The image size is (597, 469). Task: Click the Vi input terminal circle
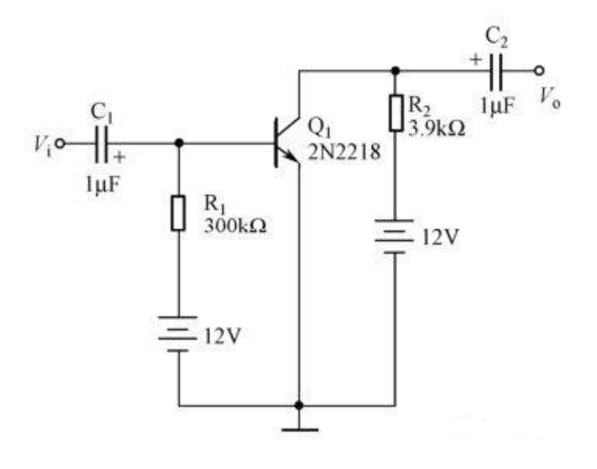[x=60, y=144]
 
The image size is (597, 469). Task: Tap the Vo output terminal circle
[x=539, y=71]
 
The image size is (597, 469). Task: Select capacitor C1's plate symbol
[x=102, y=144]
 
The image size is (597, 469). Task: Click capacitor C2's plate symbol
[x=495, y=71]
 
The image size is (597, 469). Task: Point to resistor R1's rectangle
[x=178, y=213]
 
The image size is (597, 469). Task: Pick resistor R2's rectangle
[x=396, y=113]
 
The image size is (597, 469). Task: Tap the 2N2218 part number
[x=343, y=152]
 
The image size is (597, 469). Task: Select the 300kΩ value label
[x=235, y=226]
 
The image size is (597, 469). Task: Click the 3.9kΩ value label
[x=437, y=129]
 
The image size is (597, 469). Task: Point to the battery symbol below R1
[x=178, y=334]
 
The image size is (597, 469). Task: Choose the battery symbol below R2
[x=395, y=236]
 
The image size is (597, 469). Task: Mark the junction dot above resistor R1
[x=179, y=144]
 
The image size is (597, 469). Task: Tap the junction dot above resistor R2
[x=395, y=71]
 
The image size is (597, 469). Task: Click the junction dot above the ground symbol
[x=299, y=405]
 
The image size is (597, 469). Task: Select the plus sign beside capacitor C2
[x=475, y=60]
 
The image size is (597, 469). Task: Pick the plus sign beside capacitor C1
[x=119, y=157]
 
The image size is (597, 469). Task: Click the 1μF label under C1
[x=102, y=185]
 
